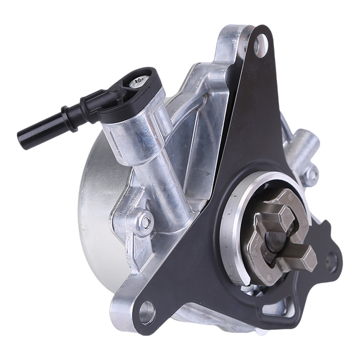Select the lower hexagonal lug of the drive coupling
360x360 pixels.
click(x=300, y=259)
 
